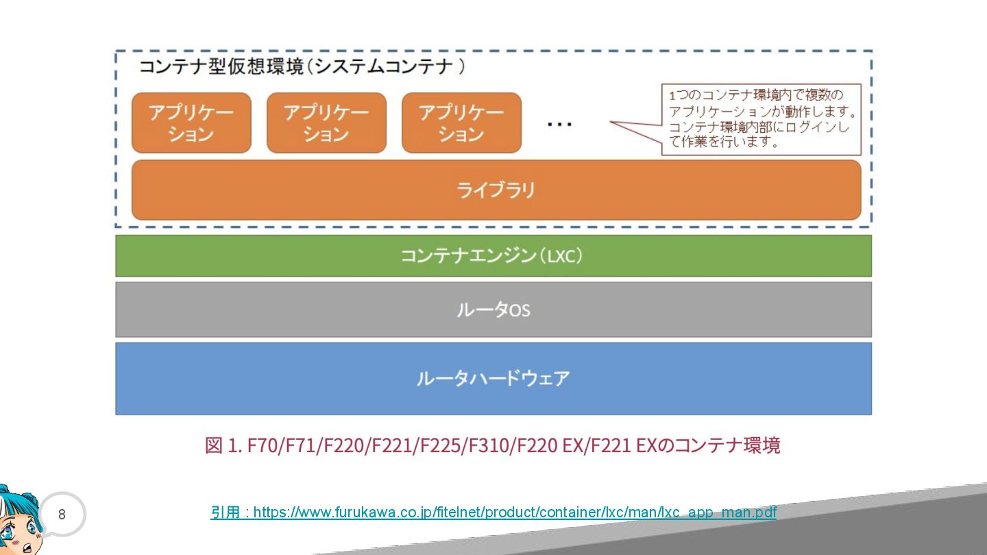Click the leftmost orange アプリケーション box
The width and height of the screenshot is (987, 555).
(191, 123)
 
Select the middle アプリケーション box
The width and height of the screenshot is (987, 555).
(326, 123)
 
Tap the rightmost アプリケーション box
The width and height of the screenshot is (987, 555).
(461, 123)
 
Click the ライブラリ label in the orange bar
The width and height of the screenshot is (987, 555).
(496, 190)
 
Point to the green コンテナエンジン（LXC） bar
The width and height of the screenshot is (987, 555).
(493, 256)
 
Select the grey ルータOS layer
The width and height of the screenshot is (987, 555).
(493, 310)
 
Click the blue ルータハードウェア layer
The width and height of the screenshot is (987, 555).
(493, 378)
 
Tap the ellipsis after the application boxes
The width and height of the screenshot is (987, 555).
(560, 124)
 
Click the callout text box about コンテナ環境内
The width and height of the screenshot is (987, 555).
(761, 119)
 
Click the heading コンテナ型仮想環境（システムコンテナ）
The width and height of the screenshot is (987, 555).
(302, 66)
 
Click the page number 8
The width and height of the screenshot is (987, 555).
(62, 514)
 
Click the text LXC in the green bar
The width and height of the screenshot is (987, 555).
(561, 257)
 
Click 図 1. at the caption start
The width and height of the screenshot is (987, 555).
(223, 445)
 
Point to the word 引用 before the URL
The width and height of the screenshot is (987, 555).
(225, 513)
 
